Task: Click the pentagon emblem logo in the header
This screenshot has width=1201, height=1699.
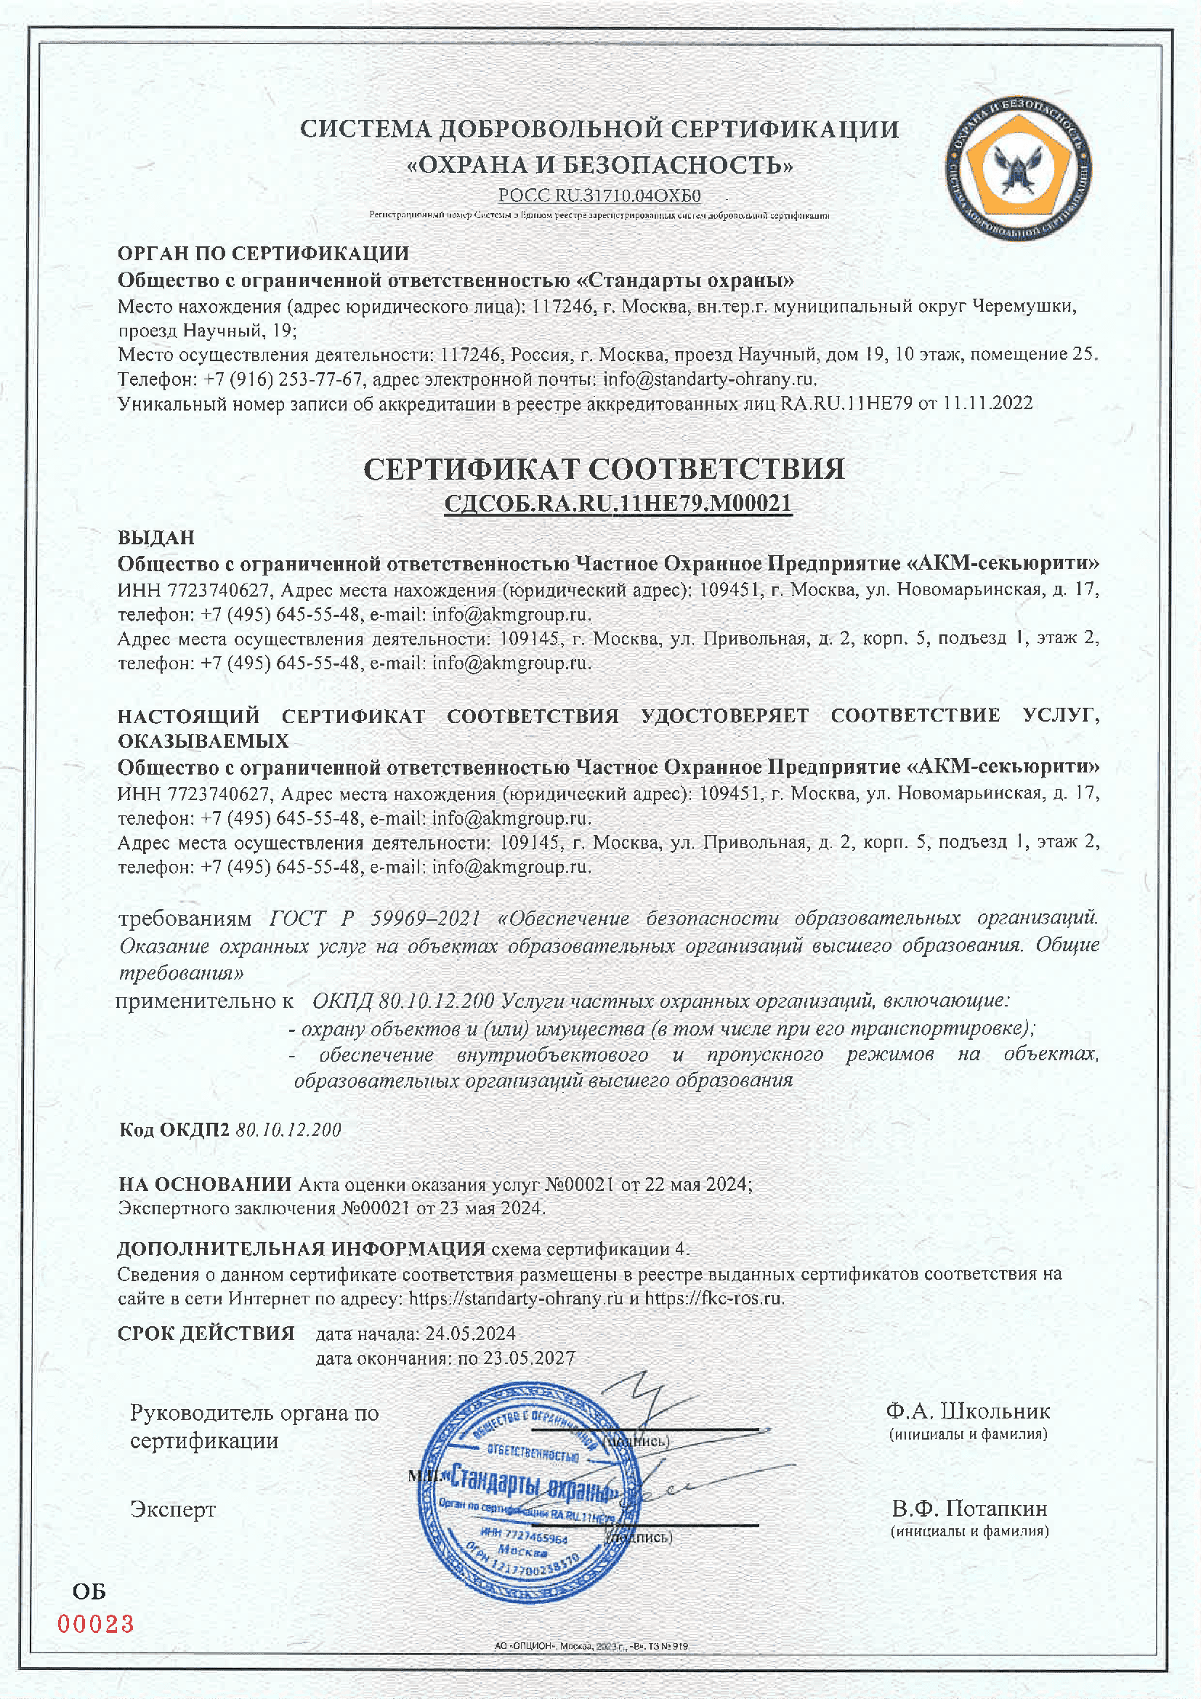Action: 1018,167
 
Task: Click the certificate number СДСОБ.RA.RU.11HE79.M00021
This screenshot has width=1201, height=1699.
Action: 618,504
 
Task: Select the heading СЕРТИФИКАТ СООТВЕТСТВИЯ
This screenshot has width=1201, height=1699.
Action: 604,469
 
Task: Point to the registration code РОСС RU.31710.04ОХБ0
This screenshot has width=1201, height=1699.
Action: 599,196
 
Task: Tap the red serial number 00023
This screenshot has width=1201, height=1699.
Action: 96,1624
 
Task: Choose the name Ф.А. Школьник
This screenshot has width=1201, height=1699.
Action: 968,1411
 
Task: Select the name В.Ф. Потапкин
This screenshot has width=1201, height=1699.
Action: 969,1508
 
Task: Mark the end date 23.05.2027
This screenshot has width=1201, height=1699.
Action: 529,1358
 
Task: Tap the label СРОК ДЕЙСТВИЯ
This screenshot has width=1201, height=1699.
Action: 206,1333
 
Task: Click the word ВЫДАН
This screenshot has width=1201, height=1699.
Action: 156,537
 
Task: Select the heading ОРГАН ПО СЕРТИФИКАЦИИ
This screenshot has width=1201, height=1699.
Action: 264,253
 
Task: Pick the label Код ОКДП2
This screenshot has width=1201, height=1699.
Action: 174,1129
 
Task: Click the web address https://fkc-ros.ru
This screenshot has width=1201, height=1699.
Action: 713,1298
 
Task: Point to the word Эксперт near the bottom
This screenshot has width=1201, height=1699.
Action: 173,1509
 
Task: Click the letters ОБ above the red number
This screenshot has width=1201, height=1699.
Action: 89,1591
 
